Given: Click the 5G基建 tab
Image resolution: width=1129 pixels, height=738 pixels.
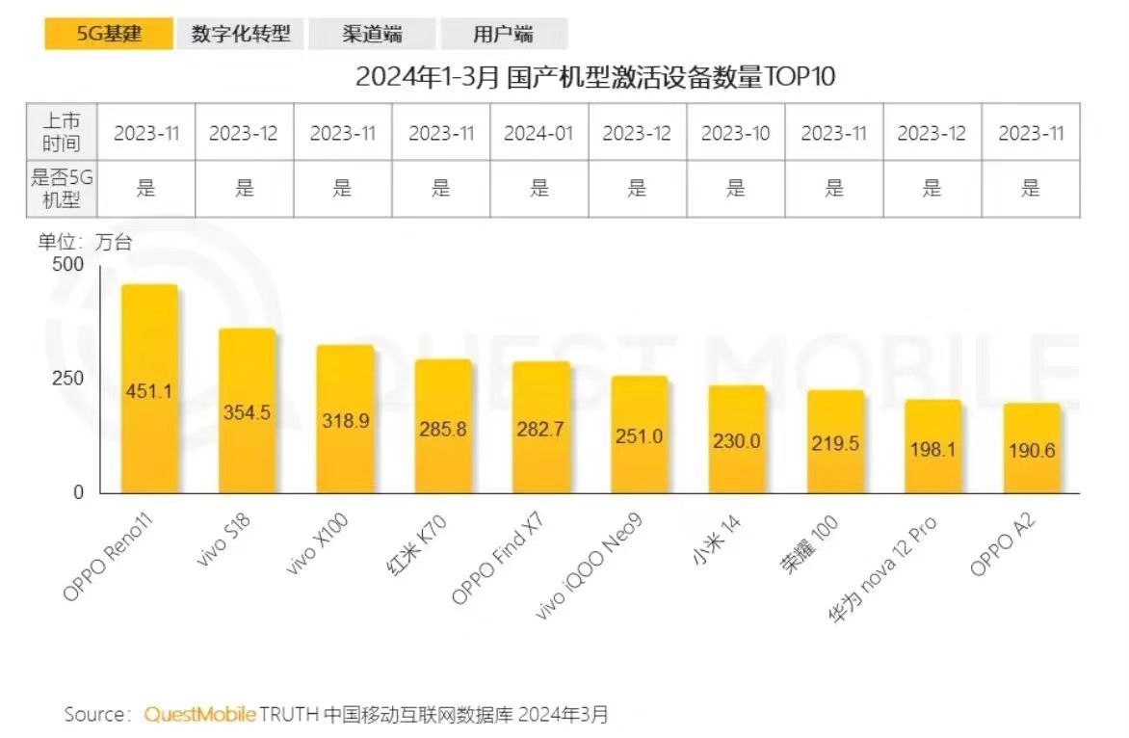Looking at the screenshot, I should pyautogui.click(x=109, y=34).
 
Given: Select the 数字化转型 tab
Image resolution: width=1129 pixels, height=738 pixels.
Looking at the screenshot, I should pyautogui.click(x=240, y=34).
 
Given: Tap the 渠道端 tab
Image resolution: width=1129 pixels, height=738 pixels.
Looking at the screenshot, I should pyautogui.click(x=372, y=35).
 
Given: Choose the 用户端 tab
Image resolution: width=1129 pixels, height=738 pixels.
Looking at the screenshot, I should pyautogui.click(x=503, y=35).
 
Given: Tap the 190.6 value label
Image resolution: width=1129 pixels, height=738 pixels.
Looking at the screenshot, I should pyautogui.click(x=1031, y=450).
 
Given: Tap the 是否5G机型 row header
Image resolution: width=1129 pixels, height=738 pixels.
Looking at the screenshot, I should pyautogui.click(x=62, y=188).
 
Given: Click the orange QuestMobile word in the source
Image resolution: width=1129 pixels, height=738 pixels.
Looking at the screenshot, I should pyautogui.click(x=200, y=715).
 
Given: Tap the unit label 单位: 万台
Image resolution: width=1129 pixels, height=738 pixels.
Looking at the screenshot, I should pyautogui.click(x=85, y=243).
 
